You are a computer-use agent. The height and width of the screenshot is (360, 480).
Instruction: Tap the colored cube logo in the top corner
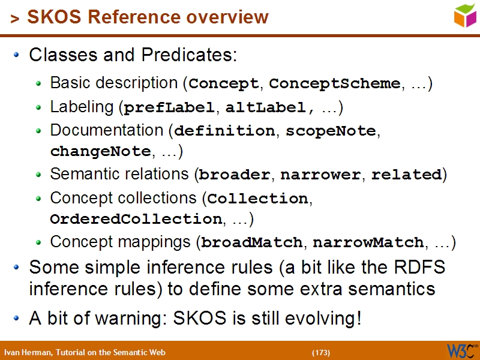coord(464,15)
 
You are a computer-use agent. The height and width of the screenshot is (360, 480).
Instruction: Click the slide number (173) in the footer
coord(321,352)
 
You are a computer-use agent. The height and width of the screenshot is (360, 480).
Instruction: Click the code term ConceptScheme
coord(335,83)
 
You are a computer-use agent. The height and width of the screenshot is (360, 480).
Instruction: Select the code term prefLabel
coord(169,108)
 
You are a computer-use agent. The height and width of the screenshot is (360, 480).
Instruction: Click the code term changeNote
coord(100,152)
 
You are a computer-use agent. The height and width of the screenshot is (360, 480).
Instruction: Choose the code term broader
coord(235,175)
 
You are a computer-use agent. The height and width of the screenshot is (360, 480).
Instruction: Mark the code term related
coord(406,175)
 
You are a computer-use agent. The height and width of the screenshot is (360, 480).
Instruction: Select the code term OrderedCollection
coord(136,219)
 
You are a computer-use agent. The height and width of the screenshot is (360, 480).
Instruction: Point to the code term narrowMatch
coord(368,242)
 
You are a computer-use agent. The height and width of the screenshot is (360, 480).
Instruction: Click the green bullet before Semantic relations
coord(39,175)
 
